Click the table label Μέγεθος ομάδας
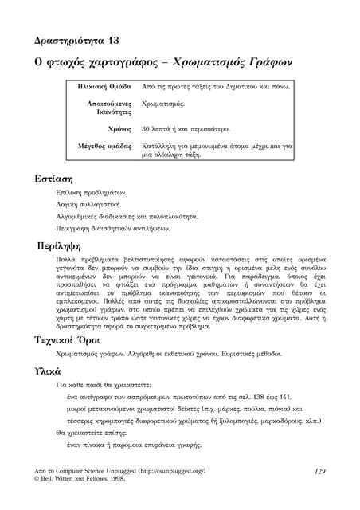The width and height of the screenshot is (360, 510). pyautogui.click(x=104, y=147)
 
